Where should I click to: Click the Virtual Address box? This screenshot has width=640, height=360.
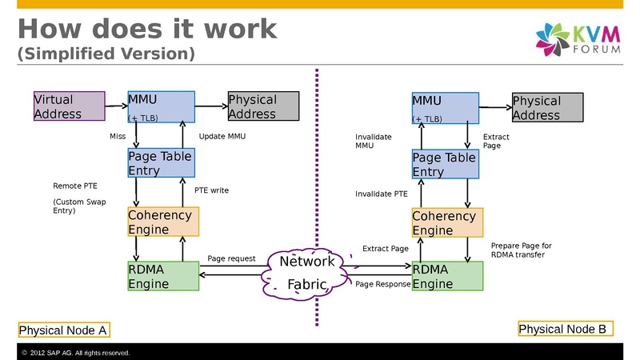click(69, 106)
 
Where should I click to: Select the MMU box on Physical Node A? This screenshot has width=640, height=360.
click(161, 106)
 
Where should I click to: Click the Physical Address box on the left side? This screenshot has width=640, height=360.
click(263, 106)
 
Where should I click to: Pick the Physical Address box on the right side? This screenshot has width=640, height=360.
click(547, 108)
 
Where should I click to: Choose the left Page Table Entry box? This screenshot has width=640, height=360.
click(161, 163)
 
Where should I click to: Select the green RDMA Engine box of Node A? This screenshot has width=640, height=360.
click(162, 276)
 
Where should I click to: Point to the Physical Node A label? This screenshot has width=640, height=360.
click(63, 330)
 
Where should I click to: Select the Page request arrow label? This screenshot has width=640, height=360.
click(231, 258)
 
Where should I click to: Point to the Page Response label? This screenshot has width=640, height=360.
click(382, 284)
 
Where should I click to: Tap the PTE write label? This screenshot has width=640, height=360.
click(211, 190)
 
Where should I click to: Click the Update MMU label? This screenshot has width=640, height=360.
click(222, 137)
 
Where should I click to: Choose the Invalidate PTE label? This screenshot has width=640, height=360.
click(381, 194)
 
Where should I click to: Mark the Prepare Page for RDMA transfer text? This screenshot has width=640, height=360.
click(521, 250)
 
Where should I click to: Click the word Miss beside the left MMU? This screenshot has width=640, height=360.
click(117, 137)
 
